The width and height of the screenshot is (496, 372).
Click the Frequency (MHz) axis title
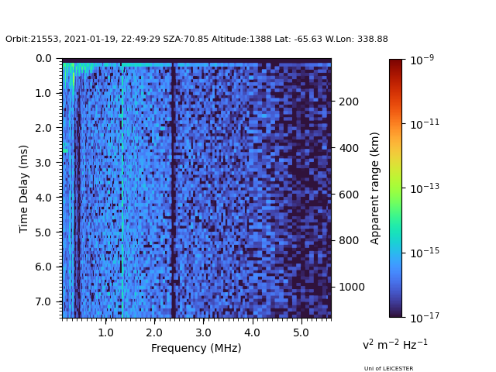(196, 348)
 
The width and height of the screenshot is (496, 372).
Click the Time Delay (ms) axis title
(24, 188)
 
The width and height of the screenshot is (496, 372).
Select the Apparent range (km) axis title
(375, 188)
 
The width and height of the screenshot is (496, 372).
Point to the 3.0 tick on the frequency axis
(203, 332)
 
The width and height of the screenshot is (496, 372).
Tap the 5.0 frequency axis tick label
(300, 332)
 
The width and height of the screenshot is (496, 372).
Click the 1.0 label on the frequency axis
(105, 332)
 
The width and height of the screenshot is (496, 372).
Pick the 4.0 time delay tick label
(44, 198)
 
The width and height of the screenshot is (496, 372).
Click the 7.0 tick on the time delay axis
(44, 301)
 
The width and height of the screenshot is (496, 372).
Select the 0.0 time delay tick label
(44, 58)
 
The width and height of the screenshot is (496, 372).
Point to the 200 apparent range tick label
(348, 102)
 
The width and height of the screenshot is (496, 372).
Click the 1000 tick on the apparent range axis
(351, 287)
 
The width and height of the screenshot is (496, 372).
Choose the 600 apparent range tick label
(348, 195)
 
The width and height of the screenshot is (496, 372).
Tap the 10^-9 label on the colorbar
(422, 60)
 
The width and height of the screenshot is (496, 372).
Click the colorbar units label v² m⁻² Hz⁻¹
(395, 344)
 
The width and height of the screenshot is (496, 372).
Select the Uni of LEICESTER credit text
(388, 369)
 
